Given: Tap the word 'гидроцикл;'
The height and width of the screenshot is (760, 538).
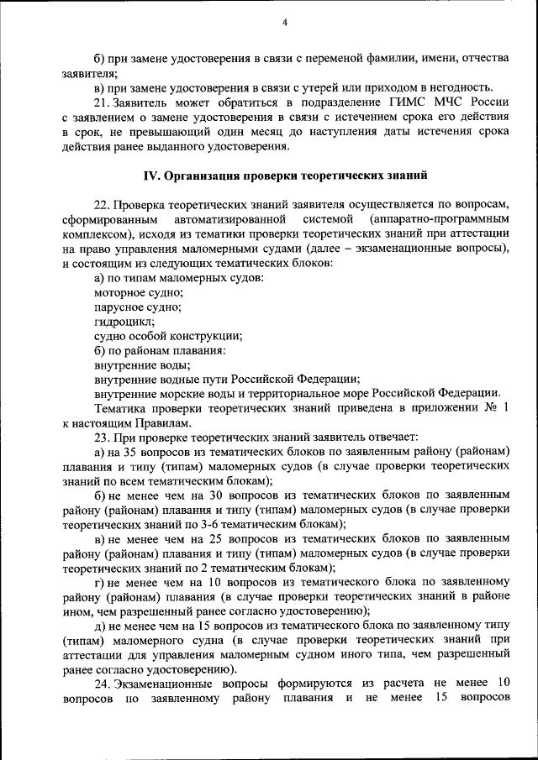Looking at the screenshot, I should click(124, 321).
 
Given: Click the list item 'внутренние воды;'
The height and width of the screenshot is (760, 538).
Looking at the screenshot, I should click(141, 364).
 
